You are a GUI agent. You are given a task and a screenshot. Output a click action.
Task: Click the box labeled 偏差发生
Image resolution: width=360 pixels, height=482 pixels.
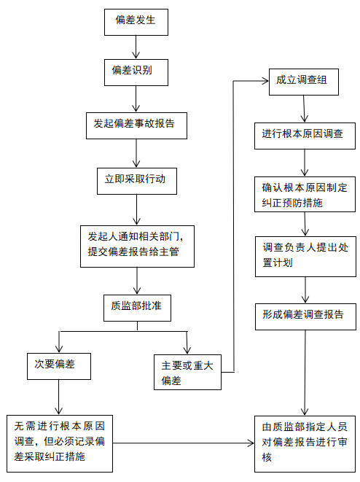136,22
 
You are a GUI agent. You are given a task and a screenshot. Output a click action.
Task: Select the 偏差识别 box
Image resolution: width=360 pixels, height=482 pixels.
136,72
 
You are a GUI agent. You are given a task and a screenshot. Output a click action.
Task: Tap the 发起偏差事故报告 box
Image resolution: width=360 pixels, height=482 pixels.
136,125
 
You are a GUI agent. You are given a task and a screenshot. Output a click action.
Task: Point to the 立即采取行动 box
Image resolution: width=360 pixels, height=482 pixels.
137,181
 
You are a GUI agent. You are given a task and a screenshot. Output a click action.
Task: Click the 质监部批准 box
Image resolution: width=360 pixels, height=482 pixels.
137,308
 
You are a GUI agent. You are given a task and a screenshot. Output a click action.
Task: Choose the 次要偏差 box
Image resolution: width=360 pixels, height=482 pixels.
59,366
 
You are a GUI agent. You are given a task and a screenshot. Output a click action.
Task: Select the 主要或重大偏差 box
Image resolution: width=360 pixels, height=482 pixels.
187,373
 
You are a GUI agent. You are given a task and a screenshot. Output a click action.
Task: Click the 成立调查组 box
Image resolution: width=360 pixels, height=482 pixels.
303,82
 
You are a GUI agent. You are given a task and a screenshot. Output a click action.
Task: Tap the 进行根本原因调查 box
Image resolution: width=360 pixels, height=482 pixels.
305,136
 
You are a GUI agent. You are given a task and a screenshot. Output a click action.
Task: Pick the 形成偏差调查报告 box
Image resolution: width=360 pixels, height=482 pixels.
305,317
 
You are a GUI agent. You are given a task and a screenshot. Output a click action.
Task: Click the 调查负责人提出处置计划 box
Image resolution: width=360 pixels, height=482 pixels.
305,257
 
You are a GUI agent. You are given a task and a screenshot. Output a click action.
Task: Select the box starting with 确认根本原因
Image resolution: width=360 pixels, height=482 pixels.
305,194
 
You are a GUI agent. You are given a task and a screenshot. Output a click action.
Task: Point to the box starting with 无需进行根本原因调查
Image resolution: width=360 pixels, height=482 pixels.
60,443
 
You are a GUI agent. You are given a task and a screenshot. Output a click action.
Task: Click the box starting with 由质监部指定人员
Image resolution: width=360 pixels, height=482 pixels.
305,444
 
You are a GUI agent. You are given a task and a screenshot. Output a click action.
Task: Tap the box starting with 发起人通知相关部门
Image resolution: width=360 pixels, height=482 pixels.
137,246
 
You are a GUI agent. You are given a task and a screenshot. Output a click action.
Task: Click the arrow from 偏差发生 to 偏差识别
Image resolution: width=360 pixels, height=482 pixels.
136,47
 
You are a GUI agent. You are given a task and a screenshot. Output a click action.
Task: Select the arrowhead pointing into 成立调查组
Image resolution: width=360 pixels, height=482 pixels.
265,81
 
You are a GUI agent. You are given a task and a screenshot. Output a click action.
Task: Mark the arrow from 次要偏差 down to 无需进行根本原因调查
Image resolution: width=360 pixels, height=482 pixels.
59,397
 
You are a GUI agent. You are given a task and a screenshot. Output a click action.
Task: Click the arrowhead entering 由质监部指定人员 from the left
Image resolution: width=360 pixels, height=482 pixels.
251,443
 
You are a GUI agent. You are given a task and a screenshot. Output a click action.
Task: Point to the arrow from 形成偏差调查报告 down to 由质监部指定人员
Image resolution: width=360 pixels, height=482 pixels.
305,373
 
